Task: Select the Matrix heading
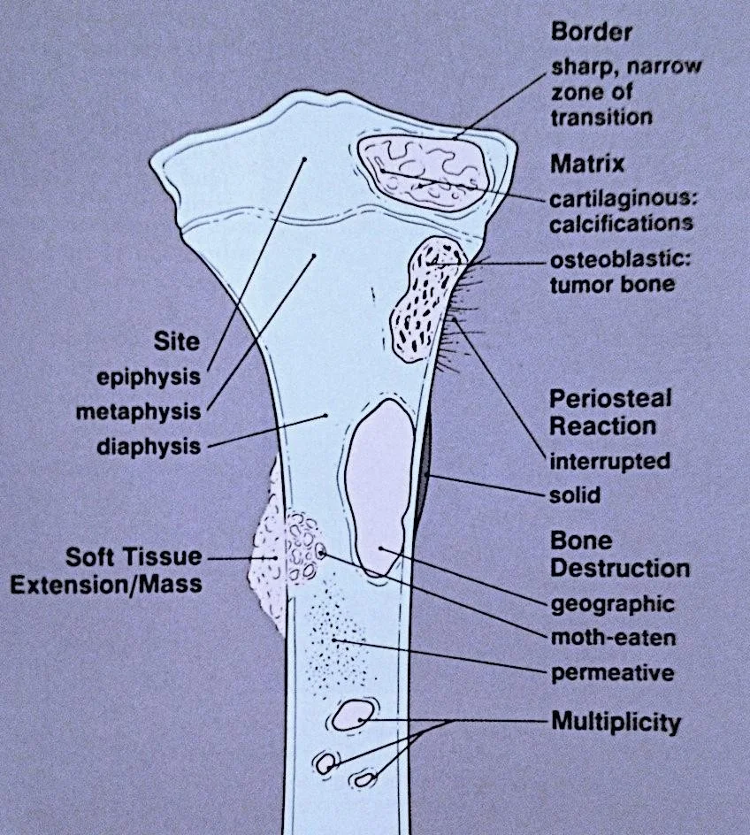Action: (586, 165)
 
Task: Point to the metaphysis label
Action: (138, 411)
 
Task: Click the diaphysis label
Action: (149, 446)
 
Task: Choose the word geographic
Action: (612, 605)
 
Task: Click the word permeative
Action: (612, 673)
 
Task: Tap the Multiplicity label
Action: (616, 722)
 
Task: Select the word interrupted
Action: (609, 461)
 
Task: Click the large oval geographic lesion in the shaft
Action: (378, 486)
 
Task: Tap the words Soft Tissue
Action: (134, 557)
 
